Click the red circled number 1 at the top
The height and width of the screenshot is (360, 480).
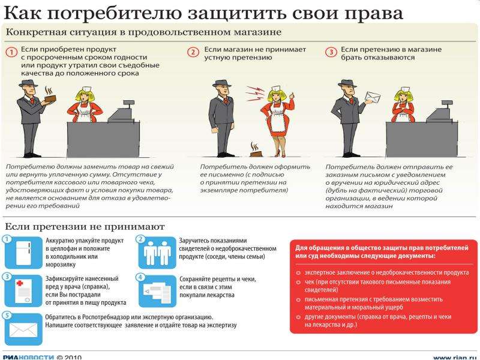[x=12, y=53]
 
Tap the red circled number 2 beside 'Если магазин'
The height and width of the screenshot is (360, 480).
[x=193, y=52]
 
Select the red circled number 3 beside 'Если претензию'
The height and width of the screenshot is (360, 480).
[x=331, y=52]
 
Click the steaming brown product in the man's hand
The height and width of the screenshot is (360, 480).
[x=50, y=95]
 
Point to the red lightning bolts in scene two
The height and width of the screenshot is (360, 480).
[x=254, y=94]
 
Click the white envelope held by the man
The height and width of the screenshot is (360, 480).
[x=373, y=97]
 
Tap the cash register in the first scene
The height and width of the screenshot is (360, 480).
[x=122, y=111]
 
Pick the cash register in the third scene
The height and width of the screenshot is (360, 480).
[x=440, y=112]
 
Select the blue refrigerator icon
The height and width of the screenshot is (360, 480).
[x=23, y=253]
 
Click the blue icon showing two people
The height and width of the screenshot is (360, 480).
[x=157, y=253]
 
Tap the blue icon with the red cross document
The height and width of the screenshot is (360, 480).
[x=23, y=291]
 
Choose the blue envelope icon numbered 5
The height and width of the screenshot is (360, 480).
[x=23, y=329]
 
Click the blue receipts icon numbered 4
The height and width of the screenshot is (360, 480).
[x=157, y=291]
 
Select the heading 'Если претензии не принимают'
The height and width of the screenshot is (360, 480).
[x=85, y=227]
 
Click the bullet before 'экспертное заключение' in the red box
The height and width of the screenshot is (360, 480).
[x=298, y=273]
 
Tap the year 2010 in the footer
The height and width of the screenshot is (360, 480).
[x=73, y=357]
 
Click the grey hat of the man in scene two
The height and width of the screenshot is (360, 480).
[x=221, y=83]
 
